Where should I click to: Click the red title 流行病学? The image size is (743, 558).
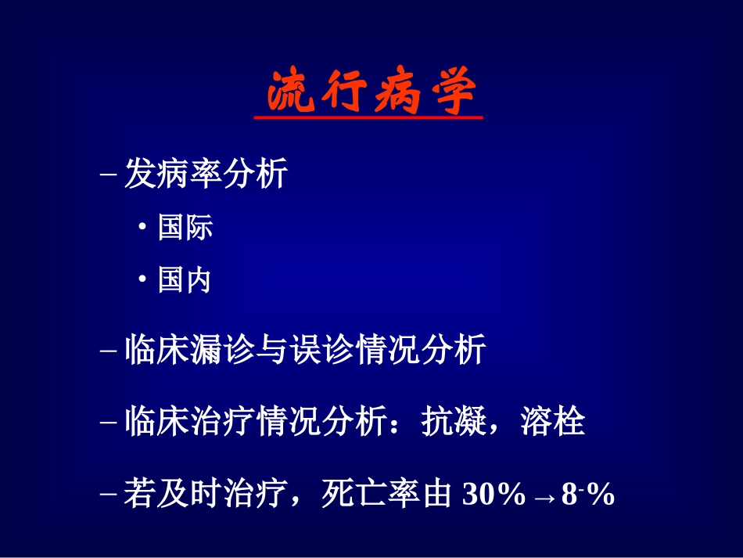pos(370,93)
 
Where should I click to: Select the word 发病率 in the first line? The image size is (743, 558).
pos(173,175)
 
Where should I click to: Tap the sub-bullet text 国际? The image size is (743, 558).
pos(185,228)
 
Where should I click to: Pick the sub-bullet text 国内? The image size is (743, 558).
pos(185,280)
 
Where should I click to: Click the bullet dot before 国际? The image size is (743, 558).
pos(142,229)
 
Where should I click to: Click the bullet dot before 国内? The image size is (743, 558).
pos(142,281)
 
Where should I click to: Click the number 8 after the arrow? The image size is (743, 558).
pos(569,495)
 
